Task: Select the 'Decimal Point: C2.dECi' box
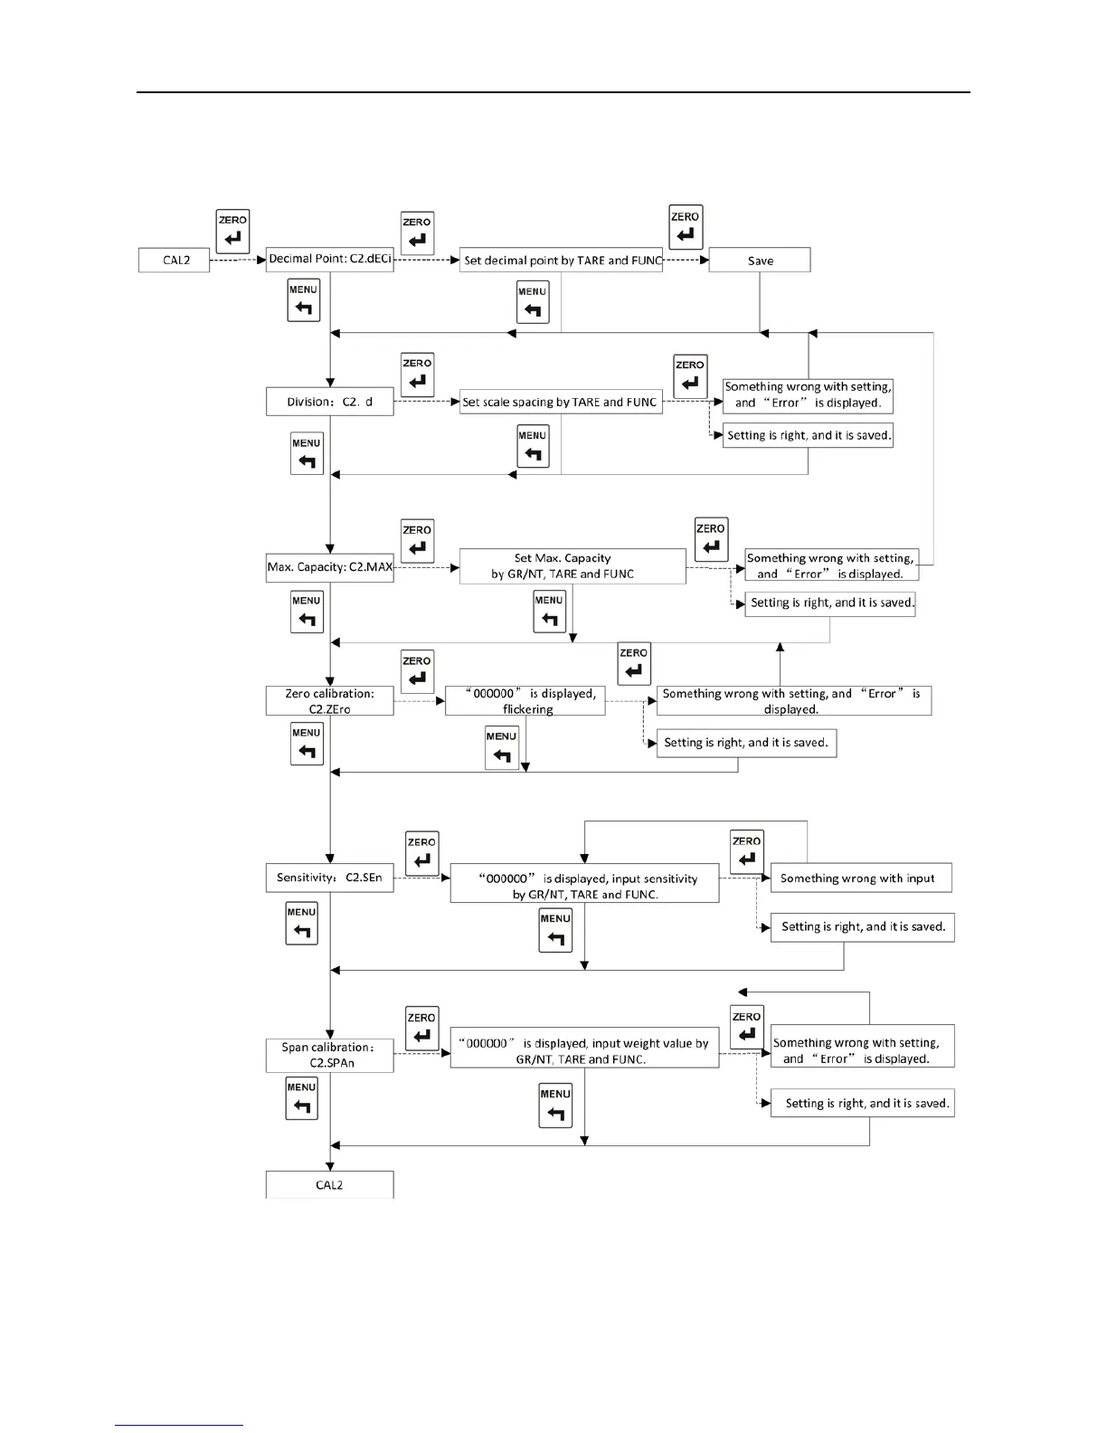coord(330,259)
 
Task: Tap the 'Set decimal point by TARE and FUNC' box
coord(561,261)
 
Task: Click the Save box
coord(760,261)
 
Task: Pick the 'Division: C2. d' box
coord(330,402)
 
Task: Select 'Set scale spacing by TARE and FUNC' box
coord(561,402)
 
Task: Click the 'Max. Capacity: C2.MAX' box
coord(330,567)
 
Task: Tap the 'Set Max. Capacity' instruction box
coord(572,566)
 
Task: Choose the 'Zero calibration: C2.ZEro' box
coord(330,701)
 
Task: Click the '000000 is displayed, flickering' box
coord(525,701)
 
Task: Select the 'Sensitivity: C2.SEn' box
coord(330,878)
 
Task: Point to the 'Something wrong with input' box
coord(861,878)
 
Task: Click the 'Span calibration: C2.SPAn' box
coord(330,1055)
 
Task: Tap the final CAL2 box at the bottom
coord(330,1185)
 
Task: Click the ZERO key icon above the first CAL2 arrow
coord(232,232)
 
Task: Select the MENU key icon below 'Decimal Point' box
coord(303,300)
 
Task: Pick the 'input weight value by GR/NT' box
coord(584,1051)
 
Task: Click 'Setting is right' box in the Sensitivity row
coord(863,927)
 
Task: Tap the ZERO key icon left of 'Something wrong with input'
coord(746,851)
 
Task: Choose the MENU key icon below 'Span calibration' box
coord(301,1098)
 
